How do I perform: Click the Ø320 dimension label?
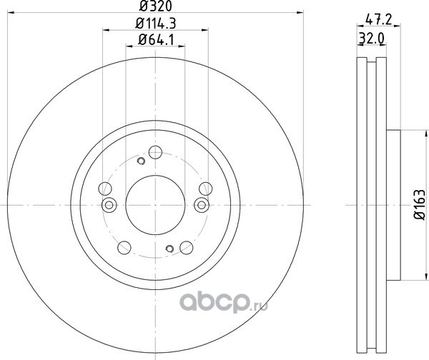155,6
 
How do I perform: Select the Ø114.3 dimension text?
155,24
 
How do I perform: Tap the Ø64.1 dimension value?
156,40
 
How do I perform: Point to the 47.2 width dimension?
379,20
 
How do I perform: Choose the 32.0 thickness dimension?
372,39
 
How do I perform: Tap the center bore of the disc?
155,205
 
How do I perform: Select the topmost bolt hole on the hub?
155,152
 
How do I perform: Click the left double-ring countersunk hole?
109,205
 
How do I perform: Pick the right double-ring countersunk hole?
202,205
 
